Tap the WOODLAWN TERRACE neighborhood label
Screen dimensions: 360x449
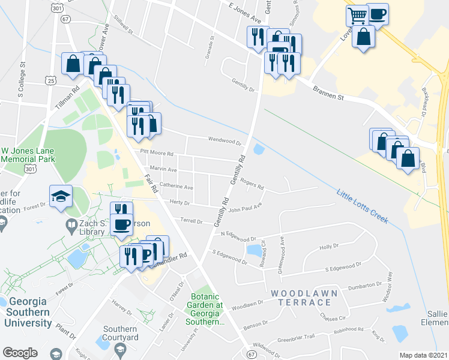click(x=304, y=297)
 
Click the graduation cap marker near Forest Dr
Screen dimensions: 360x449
click(x=61, y=196)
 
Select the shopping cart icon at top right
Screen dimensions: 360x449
click(x=358, y=15)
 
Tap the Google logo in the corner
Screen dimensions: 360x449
click(x=19, y=353)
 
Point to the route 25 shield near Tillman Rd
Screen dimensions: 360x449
click(x=51, y=80)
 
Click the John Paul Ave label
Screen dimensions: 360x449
click(x=245, y=208)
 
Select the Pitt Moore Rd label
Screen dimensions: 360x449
click(x=156, y=153)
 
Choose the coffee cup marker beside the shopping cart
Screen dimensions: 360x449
click(x=377, y=14)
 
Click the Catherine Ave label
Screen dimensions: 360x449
click(x=176, y=187)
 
